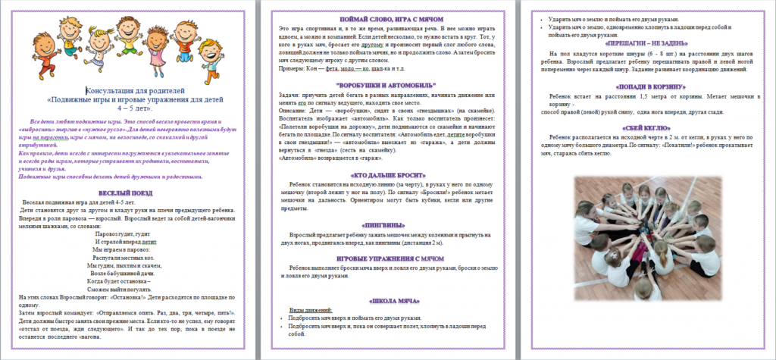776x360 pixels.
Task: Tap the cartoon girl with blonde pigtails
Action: pos(99,46)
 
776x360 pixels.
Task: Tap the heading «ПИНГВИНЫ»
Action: pos(388,225)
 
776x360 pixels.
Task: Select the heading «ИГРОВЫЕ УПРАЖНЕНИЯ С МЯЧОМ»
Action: pos(388,259)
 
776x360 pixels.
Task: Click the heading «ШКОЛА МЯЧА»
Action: pos(388,301)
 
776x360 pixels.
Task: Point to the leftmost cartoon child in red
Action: pos(45,53)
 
